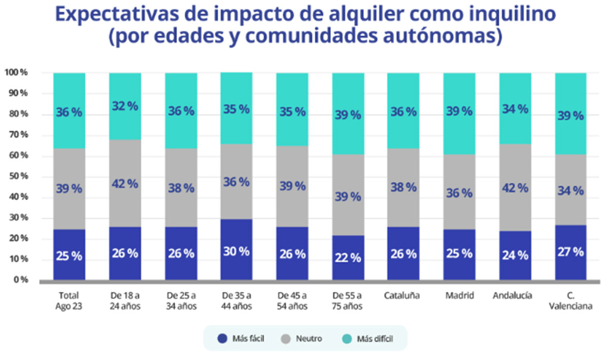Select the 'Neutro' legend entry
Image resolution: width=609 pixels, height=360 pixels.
(302, 338)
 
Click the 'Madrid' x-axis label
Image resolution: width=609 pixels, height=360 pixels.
(459, 296)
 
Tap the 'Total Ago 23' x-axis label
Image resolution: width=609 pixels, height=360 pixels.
(69, 301)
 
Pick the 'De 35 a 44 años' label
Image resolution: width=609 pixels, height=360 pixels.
(236, 301)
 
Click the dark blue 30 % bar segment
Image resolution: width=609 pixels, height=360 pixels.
(236, 249)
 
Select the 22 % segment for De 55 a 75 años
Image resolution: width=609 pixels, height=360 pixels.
(348, 257)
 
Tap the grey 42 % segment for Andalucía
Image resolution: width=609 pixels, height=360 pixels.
(515, 187)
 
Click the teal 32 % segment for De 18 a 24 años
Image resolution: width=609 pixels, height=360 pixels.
(125, 106)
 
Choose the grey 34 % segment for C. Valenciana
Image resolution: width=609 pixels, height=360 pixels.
(571, 190)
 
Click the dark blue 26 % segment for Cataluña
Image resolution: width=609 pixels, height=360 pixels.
(403, 253)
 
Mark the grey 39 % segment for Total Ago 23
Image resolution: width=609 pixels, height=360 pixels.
(69, 189)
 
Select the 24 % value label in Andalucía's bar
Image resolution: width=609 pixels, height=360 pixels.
(515, 255)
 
